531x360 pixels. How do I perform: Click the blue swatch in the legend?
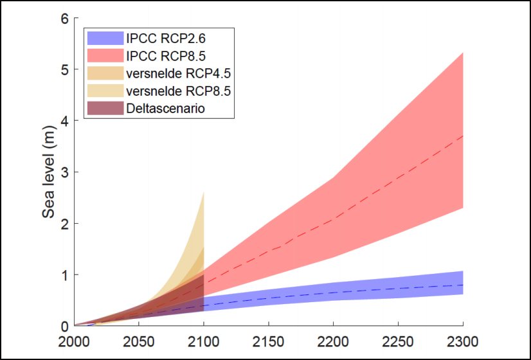[104, 40]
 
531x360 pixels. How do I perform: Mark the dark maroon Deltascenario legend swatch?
[104, 109]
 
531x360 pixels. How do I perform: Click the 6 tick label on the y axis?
[64, 18]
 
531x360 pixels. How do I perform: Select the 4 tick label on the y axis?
[64, 121]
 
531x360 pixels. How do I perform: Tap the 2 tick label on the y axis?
[64, 224]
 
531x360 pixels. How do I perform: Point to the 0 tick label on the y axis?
[64, 326]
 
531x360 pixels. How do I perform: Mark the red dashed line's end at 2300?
[463, 136]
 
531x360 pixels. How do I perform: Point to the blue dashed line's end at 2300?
[463, 285]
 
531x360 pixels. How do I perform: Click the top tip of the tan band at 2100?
[204, 192]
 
